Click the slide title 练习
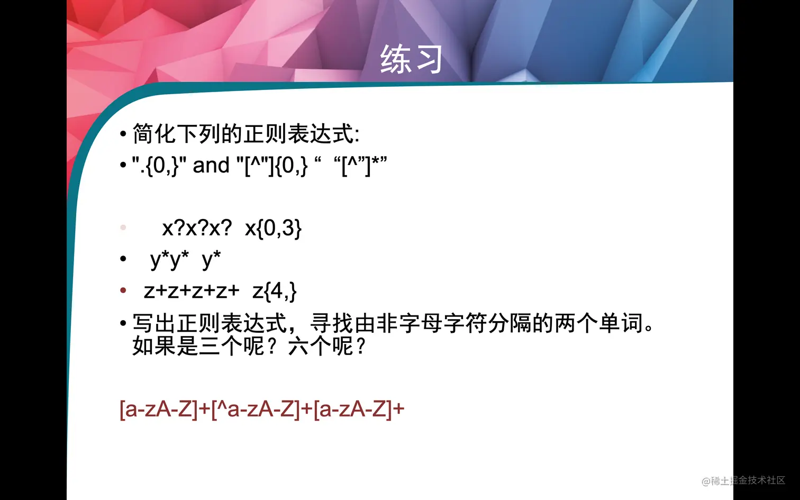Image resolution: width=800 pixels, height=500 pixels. [x=411, y=59]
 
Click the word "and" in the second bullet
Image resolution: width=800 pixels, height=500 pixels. [x=211, y=166]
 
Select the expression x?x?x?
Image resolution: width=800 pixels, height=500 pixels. [x=197, y=228]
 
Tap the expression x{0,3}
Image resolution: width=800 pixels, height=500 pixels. [x=273, y=228]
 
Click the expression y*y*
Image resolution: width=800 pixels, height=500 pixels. [x=169, y=260]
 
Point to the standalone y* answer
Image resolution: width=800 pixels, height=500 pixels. [x=211, y=260]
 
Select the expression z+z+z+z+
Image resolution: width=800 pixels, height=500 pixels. [x=192, y=290]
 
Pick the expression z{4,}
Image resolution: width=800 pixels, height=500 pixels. [x=274, y=291]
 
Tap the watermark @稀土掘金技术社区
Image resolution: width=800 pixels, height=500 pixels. [x=743, y=480]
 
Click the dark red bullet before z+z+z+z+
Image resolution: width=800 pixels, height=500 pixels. [x=123, y=290]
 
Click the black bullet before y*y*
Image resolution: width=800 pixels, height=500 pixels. [x=123, y=259]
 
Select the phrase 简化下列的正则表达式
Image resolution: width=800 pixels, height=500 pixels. [x=243, y=134]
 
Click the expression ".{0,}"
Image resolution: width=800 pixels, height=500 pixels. [x=159, y=166]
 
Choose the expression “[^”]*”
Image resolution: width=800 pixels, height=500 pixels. [x=360, y=166]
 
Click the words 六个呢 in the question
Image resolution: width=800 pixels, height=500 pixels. [x=321, y=347]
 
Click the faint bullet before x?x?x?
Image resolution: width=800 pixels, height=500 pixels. [x=123, y=228]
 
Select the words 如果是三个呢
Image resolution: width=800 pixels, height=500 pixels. [x=198, y=347]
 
